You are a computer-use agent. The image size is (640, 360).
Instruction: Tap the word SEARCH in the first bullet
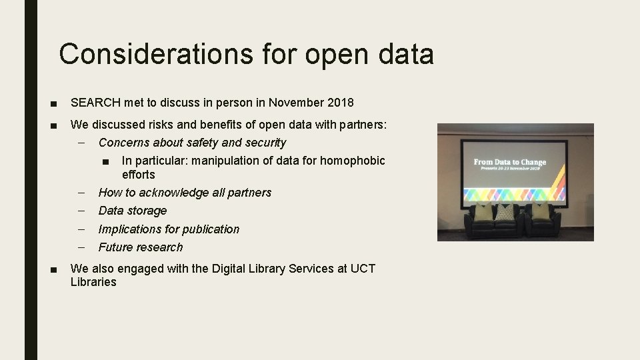(95, 103)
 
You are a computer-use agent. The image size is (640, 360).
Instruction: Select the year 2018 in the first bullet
(341, 103)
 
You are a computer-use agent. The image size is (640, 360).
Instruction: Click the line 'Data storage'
(133, 211)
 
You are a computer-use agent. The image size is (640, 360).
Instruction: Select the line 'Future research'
(140, 247)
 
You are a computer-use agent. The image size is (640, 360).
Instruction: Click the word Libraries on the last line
(93, 282)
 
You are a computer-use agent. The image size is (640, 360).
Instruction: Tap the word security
(266, 143)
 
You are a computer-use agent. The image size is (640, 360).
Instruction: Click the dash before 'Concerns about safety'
(81, 142)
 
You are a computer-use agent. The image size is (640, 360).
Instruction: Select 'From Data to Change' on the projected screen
(510, 162)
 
